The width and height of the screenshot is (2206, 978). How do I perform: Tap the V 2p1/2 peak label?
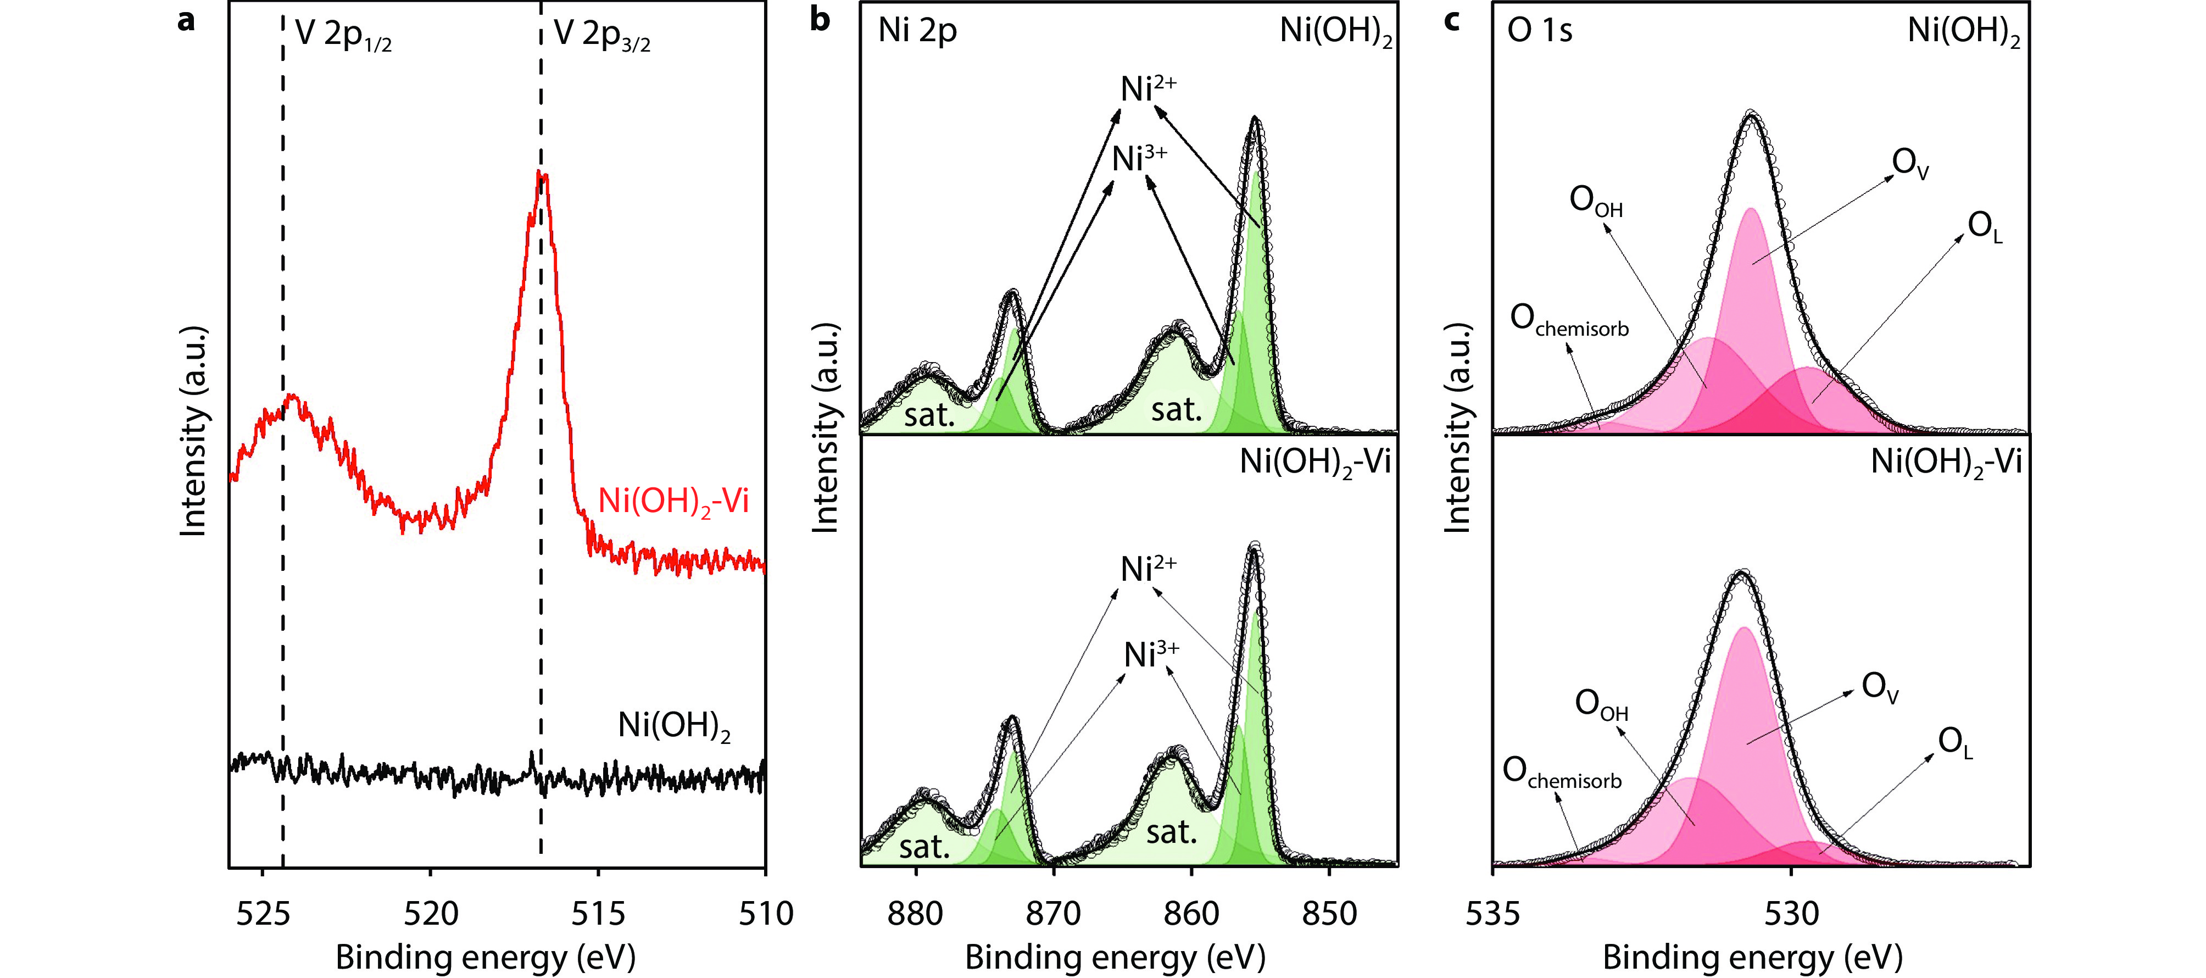(x=343, y=34)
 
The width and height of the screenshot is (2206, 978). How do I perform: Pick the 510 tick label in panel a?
(x=766, y=914)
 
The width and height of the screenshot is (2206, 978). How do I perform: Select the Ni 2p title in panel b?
(x=917, y=31)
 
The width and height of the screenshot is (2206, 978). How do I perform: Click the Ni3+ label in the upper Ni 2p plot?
(x=1139, y=158)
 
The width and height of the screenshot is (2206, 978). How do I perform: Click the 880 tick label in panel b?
(x=916, y=914)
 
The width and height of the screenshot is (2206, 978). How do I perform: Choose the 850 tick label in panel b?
(x=1329, y=914)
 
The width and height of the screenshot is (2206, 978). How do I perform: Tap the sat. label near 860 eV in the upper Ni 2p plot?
(x=1176, y=410)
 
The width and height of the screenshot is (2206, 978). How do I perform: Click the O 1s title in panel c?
(x=1540, y=31)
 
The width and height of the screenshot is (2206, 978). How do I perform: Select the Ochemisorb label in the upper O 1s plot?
(x=1569, y=320)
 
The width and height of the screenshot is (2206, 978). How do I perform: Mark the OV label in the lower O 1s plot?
(x=1880, y=688)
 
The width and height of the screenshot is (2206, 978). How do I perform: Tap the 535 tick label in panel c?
(x=1492, y=914)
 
